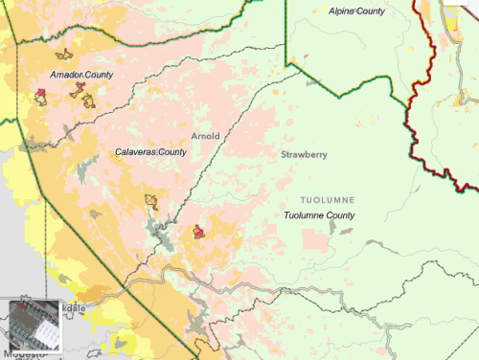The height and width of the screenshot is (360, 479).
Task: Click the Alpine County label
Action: click(x=356, y=11)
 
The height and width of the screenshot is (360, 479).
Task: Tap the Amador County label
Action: click(x=81, y=74)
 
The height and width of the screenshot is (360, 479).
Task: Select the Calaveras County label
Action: click(x=150, y=152)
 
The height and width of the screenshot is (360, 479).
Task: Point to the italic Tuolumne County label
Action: click(x=319, y=215)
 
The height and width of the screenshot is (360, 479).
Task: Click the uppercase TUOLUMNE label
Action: click(x=328, y=199)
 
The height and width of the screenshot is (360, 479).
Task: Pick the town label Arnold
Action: click(x=206, y=136)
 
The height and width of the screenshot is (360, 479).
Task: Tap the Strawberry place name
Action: click(x=304, y=154)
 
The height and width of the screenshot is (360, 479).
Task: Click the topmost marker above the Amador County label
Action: click(x=63, y=56)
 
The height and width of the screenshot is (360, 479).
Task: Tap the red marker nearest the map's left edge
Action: click(x=40, y=94)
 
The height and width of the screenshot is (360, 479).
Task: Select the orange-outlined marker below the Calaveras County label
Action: click(x=149, y=200)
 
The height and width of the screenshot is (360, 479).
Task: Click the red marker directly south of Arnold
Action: click(x=198, y=231)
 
